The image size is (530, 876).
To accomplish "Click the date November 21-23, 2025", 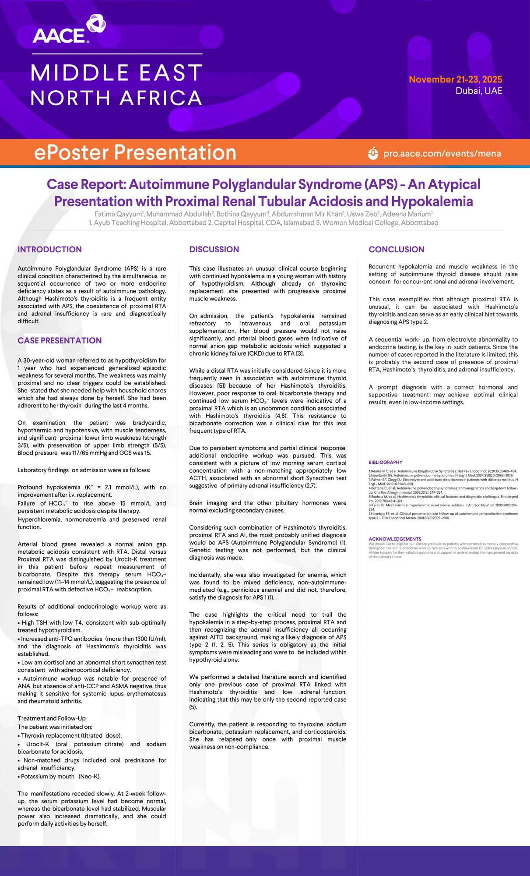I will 455,79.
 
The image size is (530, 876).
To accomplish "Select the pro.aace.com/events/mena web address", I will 442,154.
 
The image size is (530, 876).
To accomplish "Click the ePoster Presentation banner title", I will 135,152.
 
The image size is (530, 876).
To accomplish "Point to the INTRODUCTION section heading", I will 49,249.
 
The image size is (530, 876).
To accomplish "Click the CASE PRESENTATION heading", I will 60,340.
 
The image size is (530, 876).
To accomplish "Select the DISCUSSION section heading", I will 214,249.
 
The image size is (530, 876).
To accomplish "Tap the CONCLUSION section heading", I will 396,249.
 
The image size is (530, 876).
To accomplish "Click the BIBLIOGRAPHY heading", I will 385,462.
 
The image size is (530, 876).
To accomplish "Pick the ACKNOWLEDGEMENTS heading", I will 395,539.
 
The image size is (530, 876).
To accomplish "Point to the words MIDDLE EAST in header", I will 116,73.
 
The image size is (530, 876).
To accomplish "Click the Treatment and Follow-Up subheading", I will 52,718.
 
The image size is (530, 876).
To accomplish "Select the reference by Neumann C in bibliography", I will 442,471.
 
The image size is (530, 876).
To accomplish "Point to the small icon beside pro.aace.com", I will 373,153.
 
